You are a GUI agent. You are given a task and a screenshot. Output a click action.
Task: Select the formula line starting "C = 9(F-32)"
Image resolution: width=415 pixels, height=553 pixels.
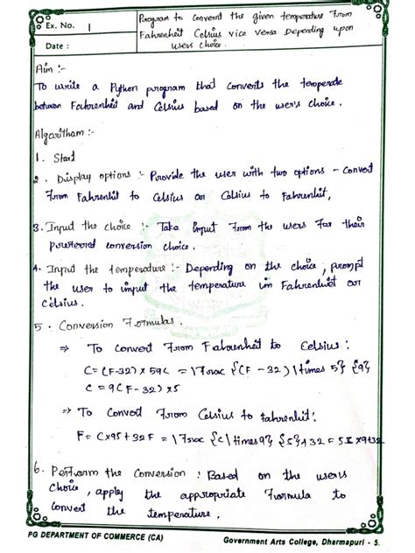124,386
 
